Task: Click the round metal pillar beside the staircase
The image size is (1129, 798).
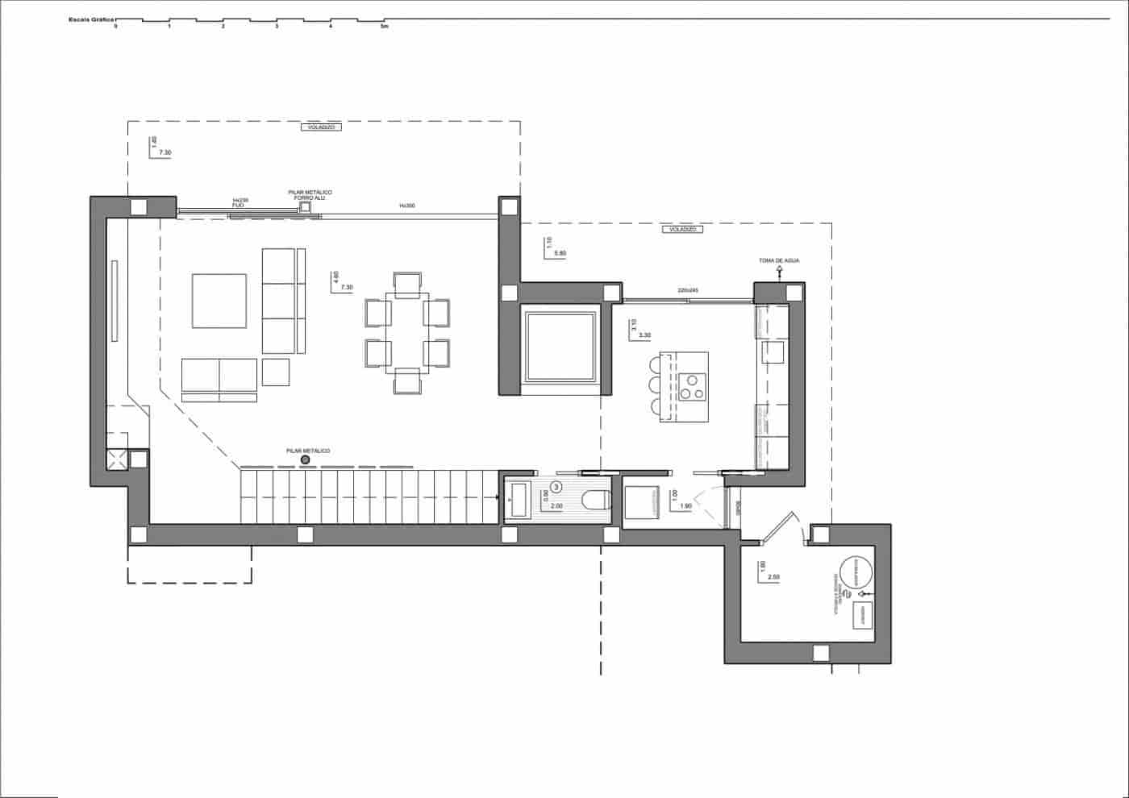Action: click(305, 459)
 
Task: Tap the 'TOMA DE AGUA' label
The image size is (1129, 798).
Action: click(779, 260)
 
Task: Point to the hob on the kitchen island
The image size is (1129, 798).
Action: click(692, 388)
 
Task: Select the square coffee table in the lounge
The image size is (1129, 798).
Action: click(219, 301)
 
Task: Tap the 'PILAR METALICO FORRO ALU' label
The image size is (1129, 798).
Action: click(310, 194)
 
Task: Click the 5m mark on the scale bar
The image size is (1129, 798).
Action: click(384, 27)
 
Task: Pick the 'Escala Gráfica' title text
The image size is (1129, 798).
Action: click(92, 16)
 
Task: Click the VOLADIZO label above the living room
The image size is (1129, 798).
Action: click(321, 127)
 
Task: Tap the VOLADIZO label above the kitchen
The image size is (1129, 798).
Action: click(682, 229)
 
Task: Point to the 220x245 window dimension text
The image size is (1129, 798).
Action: click(687, 290)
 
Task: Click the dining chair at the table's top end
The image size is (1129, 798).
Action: click(407, 283)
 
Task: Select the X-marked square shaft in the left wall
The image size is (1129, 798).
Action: click(116, 459)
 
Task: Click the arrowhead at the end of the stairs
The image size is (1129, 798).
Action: click(498, 499)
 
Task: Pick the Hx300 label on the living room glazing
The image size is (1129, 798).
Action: click(406, 206)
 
